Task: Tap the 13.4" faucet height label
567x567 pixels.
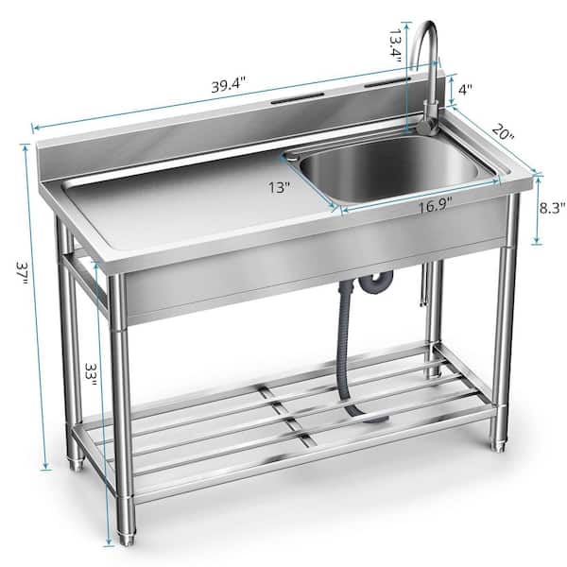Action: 395,43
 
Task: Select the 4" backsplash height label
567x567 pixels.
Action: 465,91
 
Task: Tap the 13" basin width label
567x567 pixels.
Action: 279,187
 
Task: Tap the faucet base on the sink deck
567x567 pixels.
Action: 424,124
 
